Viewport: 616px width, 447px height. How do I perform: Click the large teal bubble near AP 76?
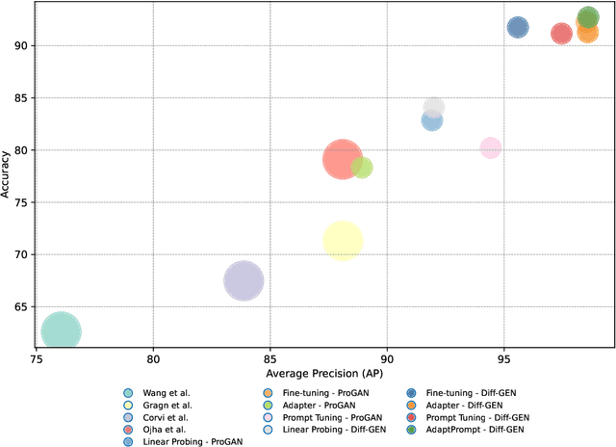click(61, 331)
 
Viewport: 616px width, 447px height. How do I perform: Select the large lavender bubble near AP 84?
click(244, 281)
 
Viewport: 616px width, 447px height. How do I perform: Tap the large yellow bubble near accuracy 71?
click(343, 241)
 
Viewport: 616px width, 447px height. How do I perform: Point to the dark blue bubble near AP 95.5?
click(518, 27)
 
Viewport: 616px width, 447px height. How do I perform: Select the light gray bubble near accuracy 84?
click(434, 107)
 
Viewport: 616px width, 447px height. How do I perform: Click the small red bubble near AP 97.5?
click(561, 34)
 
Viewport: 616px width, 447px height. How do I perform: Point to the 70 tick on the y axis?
click(21, 254)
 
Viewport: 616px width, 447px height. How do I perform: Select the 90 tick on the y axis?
click(21, 45)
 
